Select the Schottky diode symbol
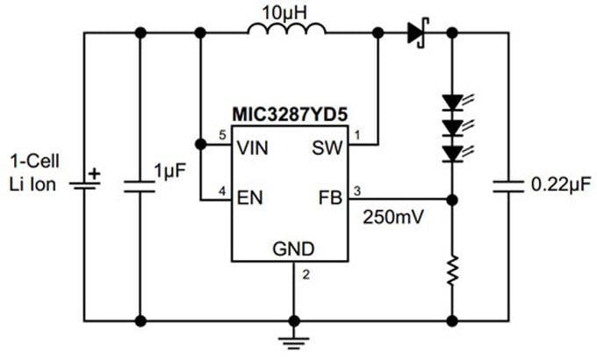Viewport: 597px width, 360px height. click(417, 33)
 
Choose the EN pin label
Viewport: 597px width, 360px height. click(249, 199)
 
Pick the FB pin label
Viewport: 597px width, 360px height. click(328, 199)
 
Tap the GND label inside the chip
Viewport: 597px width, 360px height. click(292, 248)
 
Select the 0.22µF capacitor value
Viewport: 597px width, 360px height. click(558, 185)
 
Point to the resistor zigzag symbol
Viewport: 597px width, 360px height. click(452, 270)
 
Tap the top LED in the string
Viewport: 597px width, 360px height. click(453, 103)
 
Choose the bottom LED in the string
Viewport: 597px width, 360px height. click(453, 154)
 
